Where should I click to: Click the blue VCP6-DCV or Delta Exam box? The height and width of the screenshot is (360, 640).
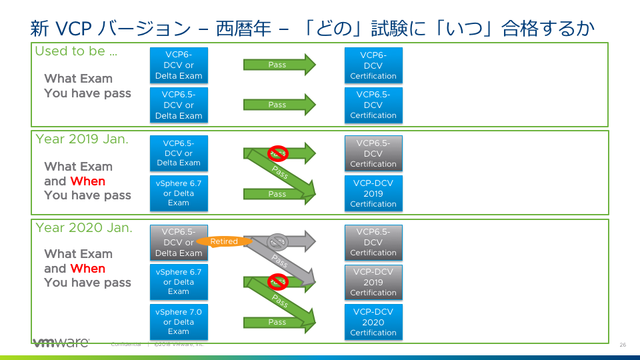[x=179, y=65]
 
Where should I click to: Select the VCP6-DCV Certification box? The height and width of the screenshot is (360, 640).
[x=373, y=65]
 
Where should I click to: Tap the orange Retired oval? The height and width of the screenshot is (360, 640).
[x=224, y=241]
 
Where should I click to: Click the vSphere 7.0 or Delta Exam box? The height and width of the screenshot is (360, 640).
[x=179, y=321]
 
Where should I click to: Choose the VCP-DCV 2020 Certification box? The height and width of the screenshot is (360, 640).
[x=373, y=321]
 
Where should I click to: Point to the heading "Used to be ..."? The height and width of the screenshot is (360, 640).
[x=76, y=51]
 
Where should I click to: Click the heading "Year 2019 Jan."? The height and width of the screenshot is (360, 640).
[x=82, y=139]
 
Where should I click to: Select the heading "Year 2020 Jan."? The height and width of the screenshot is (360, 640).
[x=84, y=227]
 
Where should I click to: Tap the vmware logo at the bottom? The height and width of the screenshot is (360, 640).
[x=61, y=343]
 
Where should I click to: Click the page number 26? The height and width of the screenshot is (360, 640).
[x=623, y=345]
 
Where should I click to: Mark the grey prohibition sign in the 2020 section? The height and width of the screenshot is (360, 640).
[x=277, y=241]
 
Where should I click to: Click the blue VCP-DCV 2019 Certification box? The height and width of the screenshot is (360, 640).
[x=373, y=193]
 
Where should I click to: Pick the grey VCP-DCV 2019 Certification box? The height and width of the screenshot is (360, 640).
[x=373, y=282]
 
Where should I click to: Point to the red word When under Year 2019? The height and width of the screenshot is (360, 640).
[x=88, y=181]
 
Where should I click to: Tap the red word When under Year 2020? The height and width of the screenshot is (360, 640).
[x=88, y=269]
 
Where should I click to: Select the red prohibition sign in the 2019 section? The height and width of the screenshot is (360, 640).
[x=277, y=153]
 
